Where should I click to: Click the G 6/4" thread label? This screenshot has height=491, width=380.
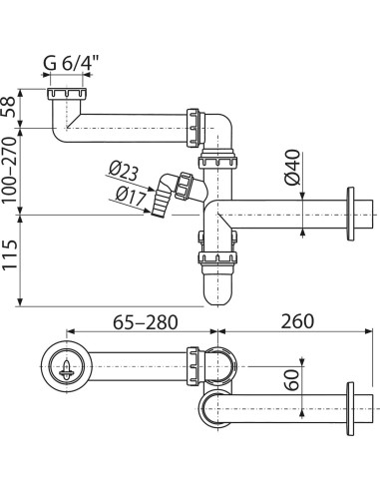(67, 63)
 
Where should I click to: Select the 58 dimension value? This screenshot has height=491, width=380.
(9, 107)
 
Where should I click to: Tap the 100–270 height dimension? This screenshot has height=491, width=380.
(9, 171)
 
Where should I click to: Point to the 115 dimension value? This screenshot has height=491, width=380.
(9, 254)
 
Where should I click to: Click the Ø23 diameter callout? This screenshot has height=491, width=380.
(124, 173)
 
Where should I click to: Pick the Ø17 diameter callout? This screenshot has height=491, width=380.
(131, 196)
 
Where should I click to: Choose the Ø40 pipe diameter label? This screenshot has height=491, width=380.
(292, 168)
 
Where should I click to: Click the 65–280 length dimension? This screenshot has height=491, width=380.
(146, 321)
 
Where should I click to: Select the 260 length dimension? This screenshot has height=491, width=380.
(297, 321)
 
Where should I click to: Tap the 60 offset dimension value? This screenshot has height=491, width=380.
(292, 379)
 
